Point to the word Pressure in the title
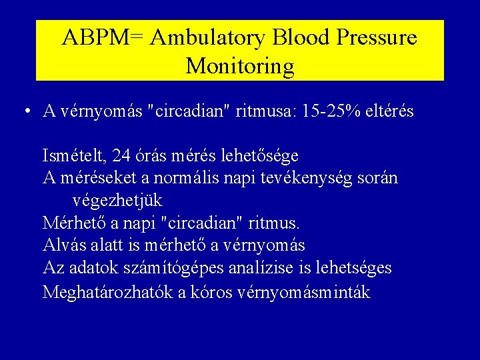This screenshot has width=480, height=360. tap(377, 38)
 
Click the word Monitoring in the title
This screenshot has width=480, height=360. tap(240, 66)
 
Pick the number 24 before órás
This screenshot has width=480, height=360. tap(121, 156)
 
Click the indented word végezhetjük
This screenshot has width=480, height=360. tap(117, 201)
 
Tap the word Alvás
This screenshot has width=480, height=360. tap(63, 245)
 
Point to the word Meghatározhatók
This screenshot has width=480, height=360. tap(107, 292)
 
